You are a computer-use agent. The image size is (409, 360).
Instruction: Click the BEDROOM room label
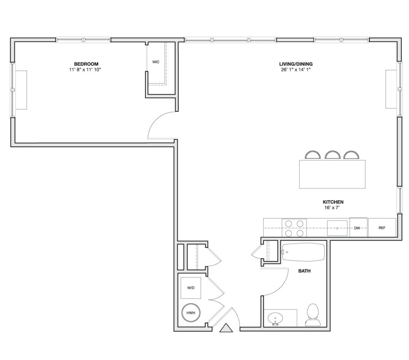pos(86,64)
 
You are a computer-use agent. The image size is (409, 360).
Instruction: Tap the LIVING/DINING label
pos(296,64)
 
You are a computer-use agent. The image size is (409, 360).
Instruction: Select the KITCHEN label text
pos(333,202)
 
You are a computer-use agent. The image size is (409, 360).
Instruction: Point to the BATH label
pos(304,271)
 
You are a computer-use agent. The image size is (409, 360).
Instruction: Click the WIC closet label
pos(156,62)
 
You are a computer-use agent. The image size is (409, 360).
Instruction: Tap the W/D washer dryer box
pos(191,288)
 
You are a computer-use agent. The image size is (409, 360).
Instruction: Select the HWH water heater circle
pos(191,313)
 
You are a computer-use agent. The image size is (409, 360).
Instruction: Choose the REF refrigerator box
pos(382,227)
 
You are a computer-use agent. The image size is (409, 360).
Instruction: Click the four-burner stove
pos(294,228)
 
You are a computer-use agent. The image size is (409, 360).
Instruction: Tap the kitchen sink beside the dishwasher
pos(337,228)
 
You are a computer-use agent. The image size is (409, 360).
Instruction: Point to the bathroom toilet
pos(313,315)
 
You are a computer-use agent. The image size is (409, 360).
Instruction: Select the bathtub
pos(304,252)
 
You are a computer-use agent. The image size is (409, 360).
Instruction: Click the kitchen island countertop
pos(332,174)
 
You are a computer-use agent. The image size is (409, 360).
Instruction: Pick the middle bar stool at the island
pos(333,155)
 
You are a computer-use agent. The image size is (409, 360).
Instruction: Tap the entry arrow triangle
pos(226,328)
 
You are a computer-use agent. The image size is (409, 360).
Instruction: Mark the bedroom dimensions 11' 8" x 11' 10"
pos(85,70)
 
